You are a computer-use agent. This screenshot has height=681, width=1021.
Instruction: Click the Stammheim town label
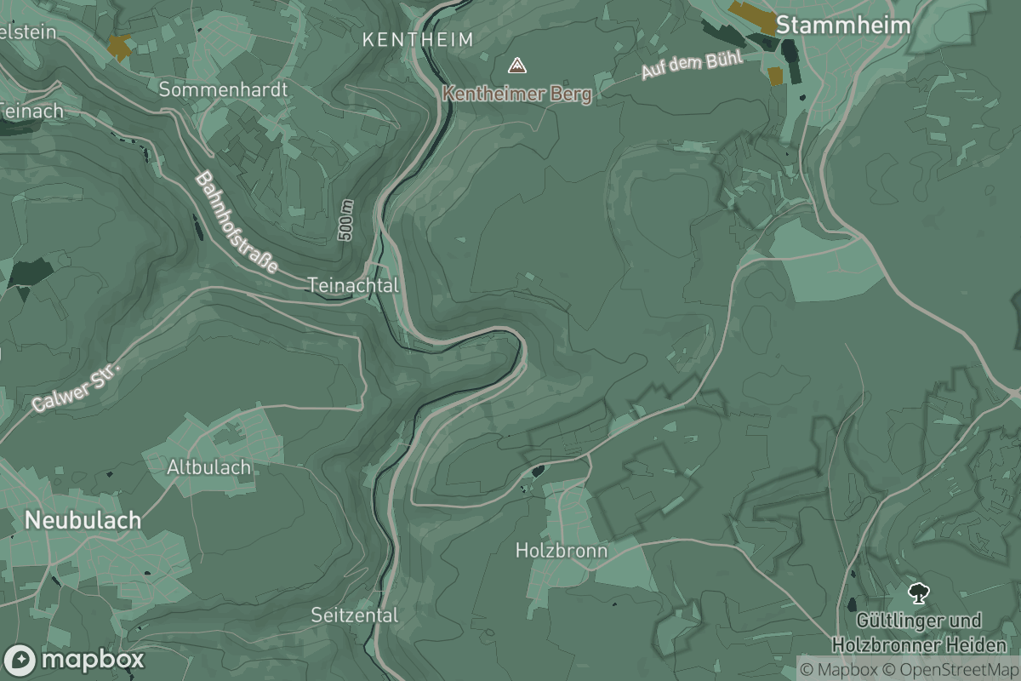(842, 26)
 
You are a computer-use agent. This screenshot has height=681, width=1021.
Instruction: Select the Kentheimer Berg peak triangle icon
(516, 66)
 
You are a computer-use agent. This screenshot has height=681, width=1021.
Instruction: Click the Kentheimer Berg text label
(516, 94)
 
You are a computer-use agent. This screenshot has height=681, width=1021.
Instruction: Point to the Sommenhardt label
(224, 89)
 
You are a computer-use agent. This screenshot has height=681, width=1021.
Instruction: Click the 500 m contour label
(345, 220)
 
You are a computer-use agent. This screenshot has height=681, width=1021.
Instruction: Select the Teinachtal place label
(352, 285)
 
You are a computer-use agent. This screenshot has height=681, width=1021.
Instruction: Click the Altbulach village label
(208, 467)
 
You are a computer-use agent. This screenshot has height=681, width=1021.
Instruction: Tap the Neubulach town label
(83, 520)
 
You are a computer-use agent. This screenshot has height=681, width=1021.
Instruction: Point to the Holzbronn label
(562, 551)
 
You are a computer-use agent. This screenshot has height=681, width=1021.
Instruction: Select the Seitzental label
(354, 615)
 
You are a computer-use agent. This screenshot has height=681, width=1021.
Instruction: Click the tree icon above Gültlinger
(918, 592)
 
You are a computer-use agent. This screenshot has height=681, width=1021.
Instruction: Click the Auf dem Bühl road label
(692, 66)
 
